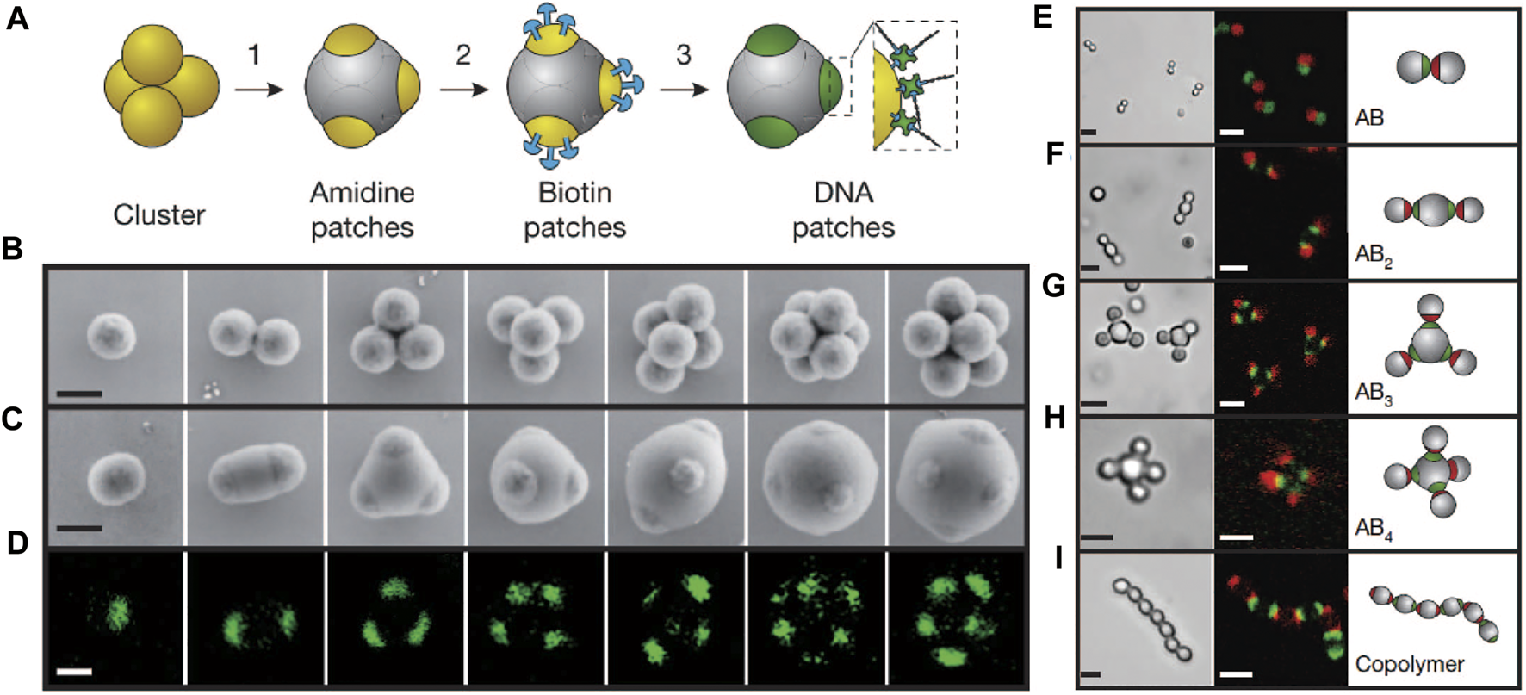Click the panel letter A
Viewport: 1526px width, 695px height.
(17, 18)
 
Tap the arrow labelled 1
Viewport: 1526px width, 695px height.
(257, 88)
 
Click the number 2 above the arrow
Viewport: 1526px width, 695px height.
(463, 56)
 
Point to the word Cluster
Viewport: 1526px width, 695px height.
(159, 214)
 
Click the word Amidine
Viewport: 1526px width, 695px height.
(362, 192)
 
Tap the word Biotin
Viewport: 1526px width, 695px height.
(574, 192)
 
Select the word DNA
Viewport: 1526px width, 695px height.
(843, 192)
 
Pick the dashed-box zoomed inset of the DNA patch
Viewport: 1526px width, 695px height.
(915, 86)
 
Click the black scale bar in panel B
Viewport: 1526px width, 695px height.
(79, 394)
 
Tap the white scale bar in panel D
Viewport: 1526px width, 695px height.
(75, 670)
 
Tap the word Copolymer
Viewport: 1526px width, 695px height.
(1409, 664)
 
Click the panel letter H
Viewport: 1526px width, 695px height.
(1054, 418)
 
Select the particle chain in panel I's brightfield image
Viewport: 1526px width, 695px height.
(1144, 617)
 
